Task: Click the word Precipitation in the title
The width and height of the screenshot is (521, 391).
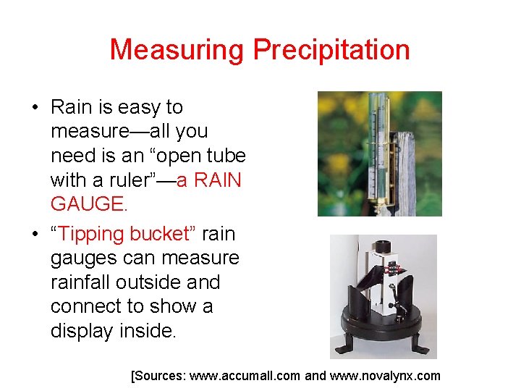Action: point(331,51)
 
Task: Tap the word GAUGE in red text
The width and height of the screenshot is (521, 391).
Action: point(88,204)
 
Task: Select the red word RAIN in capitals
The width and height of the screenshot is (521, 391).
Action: point(214,180)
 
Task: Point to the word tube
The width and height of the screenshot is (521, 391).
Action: point(223,156)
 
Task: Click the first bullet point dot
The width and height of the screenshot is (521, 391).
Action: point(35,108)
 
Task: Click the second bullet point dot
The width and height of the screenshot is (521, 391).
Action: point(35,235)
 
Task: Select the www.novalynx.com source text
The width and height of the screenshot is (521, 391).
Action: point(385,376)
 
